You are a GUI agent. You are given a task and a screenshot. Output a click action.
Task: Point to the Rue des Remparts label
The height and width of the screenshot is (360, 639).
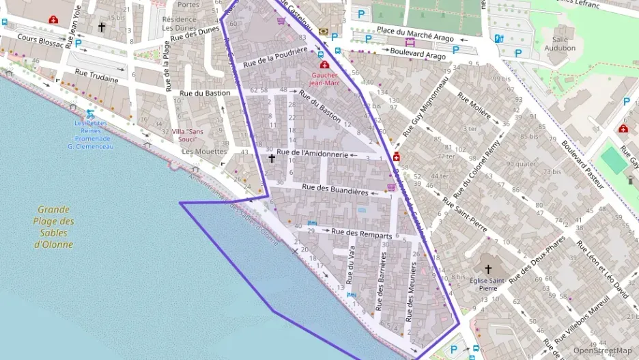pos(361,233)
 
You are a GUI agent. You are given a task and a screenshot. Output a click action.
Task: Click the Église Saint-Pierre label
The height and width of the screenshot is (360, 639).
pos(487,283)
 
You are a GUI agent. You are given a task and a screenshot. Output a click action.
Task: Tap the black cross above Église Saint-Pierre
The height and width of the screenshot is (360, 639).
pos(487,269)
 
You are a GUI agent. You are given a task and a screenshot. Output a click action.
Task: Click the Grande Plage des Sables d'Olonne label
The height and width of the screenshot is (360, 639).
pos(55,227)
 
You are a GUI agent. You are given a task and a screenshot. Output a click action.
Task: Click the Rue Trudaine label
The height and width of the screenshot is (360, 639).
pos(96,79)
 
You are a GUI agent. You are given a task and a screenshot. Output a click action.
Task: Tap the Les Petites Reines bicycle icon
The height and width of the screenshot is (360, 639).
pos(90,114)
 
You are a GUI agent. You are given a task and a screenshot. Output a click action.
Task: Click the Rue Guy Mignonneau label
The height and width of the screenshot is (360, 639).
pos(424,107)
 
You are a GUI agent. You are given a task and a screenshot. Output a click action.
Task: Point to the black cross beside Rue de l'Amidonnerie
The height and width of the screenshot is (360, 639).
pos(271,158)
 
